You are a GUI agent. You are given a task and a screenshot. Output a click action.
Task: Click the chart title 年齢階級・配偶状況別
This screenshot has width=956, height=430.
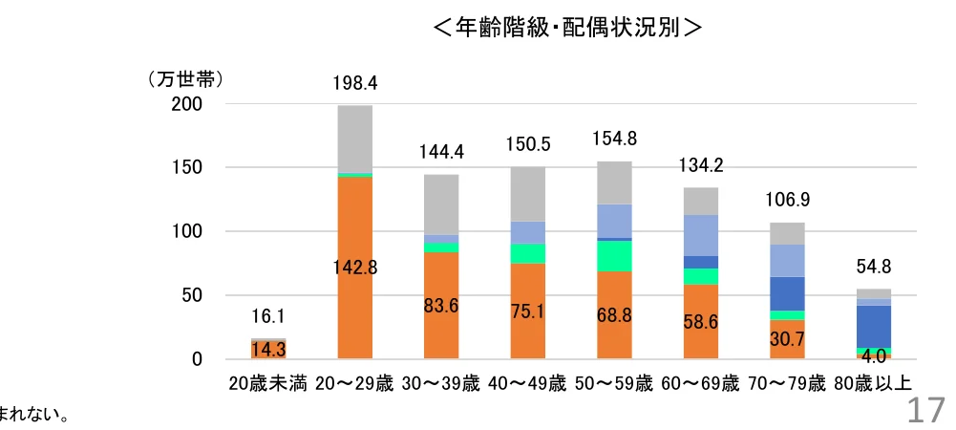[x=567, y=28]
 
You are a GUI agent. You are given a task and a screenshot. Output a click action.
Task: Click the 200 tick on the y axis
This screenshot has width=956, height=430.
[x=187, y=104]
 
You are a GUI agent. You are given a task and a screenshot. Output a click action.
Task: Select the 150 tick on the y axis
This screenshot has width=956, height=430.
[x=187, y=168]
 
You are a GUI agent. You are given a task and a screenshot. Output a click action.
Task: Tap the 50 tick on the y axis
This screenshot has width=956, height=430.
[x=192, y=296]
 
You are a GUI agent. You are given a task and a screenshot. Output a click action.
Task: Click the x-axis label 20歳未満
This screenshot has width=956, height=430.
[x=268, y=385]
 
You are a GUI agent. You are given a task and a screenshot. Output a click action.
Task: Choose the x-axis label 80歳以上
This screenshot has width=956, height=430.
[x=873, y=385]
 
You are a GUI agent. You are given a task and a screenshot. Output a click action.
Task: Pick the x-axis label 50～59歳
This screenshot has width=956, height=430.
[x=614, y=385]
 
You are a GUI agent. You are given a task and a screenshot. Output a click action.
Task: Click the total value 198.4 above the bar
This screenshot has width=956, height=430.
[x=355, y=83]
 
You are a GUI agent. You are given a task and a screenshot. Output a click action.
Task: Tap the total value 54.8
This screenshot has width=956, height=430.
[x=873, y=268]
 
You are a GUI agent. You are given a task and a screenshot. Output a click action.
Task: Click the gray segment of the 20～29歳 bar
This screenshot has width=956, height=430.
[x=355, y=139]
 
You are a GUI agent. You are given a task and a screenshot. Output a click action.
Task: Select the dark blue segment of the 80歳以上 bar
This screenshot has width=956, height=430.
[x=873, y=326]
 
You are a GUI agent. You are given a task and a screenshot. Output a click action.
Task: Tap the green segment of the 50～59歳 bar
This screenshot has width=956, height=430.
[x=614, y=255]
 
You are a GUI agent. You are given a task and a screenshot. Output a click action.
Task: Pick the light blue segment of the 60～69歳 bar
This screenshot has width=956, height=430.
[x=700, y=235]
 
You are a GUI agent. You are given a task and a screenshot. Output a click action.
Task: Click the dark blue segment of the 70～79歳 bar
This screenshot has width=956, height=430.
[x=787, y=293]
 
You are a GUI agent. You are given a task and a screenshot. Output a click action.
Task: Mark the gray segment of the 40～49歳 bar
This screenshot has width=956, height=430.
[x=528, y=194]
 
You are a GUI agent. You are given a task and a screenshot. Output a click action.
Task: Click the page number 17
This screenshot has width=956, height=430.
[x=924, y=411]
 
